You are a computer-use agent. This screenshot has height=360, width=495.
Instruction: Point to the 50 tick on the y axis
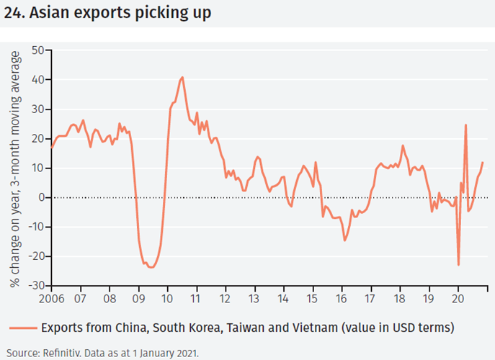click(37, 50)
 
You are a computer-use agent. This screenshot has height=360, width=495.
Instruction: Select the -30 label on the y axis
click(35, 286)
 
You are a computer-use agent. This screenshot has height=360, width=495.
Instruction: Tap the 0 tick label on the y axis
click(41, 197)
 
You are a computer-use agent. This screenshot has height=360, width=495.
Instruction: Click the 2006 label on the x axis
click(52, 297)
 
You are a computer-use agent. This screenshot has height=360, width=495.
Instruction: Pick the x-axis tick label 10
click(167, 297)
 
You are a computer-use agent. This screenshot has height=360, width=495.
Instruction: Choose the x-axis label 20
click(458, 297)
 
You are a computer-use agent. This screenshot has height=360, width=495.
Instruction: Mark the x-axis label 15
click(313, 297)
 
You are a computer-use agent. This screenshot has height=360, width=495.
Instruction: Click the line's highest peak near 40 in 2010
click(182, 77)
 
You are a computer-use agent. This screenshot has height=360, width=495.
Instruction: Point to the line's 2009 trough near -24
click(151, 267)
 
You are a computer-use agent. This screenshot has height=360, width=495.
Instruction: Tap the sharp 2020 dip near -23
click(459, 265)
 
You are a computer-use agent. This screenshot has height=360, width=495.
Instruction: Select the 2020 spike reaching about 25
click(465, 125)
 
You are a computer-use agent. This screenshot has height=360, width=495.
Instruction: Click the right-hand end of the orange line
click(482, 163)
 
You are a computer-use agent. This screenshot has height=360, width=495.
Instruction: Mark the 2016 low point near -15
click(345, 240)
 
